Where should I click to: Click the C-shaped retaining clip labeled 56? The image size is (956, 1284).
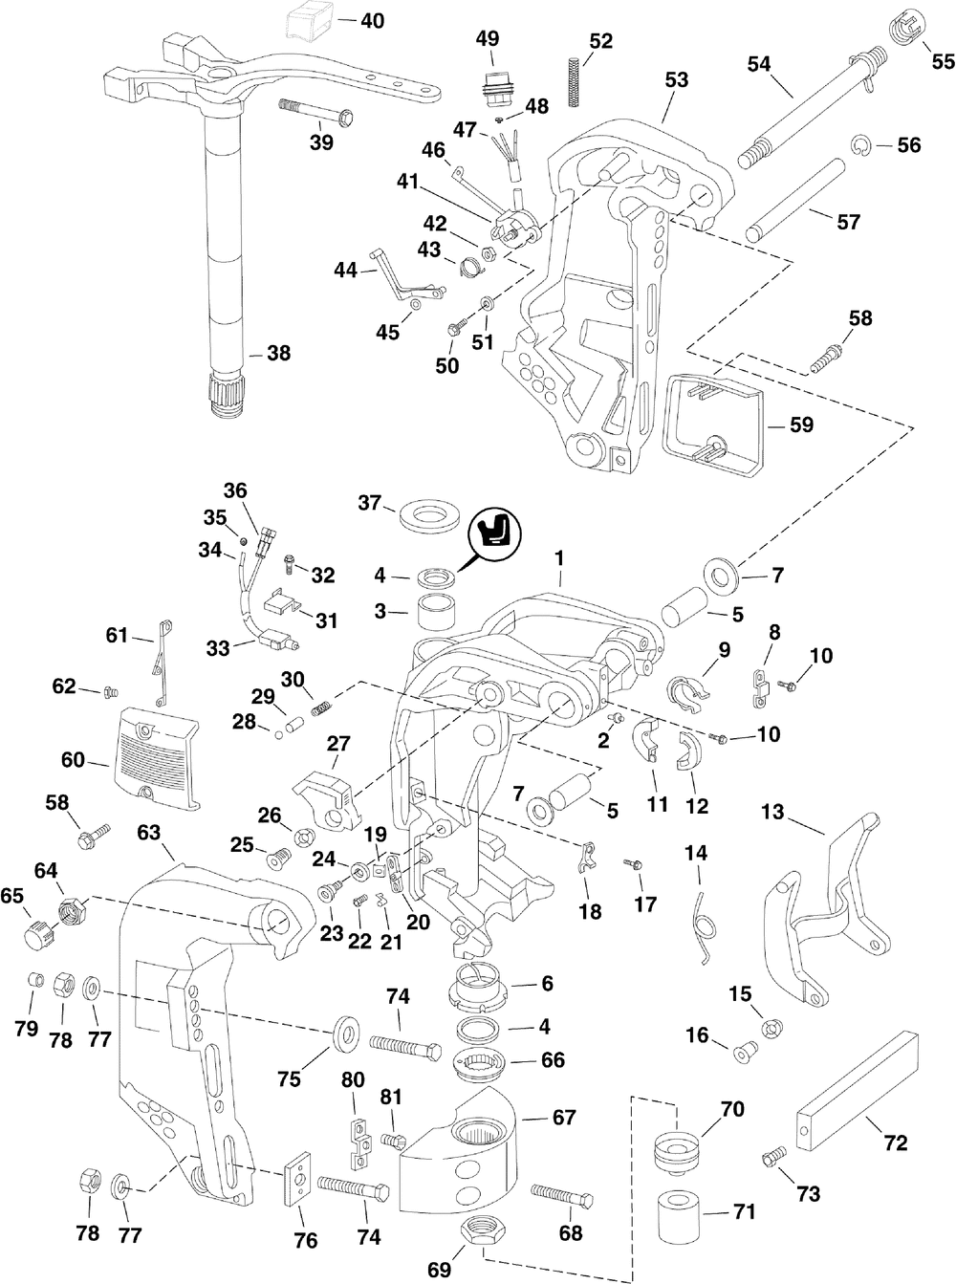(860, 145)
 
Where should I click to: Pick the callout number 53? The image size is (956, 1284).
(676, 81)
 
